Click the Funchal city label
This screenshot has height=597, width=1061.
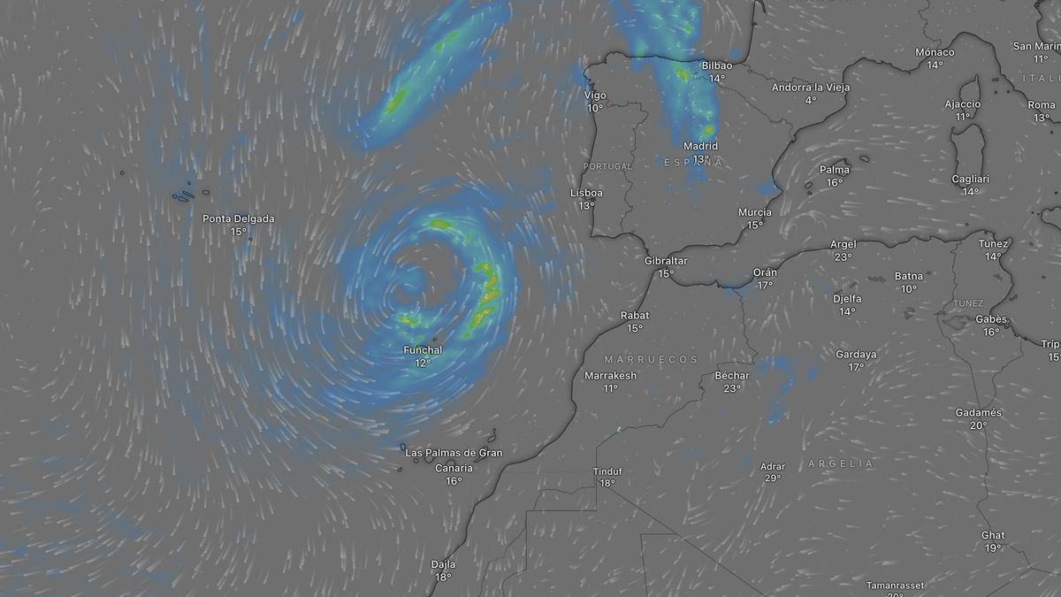[x=423, y=350]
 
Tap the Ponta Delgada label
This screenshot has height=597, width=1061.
[x=238, y=218]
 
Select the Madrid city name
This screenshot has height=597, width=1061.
[x=700, y=146]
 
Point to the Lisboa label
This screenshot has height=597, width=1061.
[x=587, y=193]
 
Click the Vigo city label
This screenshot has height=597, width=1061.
[x=595, y=96]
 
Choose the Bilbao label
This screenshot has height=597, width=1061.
[x=716, y=65]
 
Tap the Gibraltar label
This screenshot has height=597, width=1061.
[x=666, y=261]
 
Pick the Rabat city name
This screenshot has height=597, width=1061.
[x=635, y=315]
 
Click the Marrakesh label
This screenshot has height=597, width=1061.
[x=610, y=375]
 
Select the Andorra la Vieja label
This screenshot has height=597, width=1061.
[x=810, y=87]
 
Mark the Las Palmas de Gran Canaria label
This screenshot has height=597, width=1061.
[x=454, y=460]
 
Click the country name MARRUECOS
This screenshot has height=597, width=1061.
[x=652, y=359]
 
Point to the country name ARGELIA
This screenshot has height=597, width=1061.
[x=840, y=463]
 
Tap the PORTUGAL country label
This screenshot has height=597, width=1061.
[x=607, y=166]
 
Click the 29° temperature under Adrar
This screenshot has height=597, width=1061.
[x=772, y=478]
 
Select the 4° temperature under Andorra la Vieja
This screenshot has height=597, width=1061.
[x=810, y=100]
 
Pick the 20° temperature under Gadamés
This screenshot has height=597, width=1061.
[x=978, y=425]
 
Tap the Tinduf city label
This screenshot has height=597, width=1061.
[x=607, y=471]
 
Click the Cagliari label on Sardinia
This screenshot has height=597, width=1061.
[x=970, y=179]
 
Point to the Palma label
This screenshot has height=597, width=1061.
[x=835, y=170]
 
